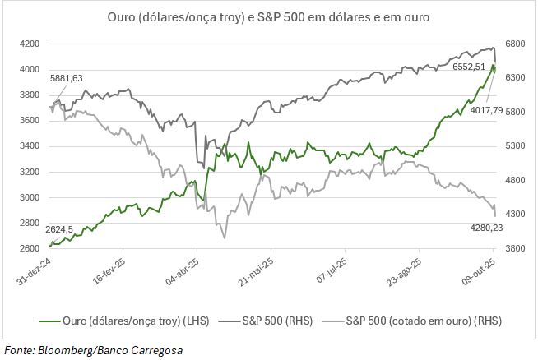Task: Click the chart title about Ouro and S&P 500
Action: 268,16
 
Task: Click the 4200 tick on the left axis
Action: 30,43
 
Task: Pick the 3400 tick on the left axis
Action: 30,146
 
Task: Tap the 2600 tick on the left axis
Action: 30,249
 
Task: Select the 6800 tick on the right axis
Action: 517,43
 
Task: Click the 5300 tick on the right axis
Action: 517,146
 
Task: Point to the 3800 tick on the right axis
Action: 517,249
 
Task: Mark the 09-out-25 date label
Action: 480,272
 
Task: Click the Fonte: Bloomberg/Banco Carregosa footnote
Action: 92,350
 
